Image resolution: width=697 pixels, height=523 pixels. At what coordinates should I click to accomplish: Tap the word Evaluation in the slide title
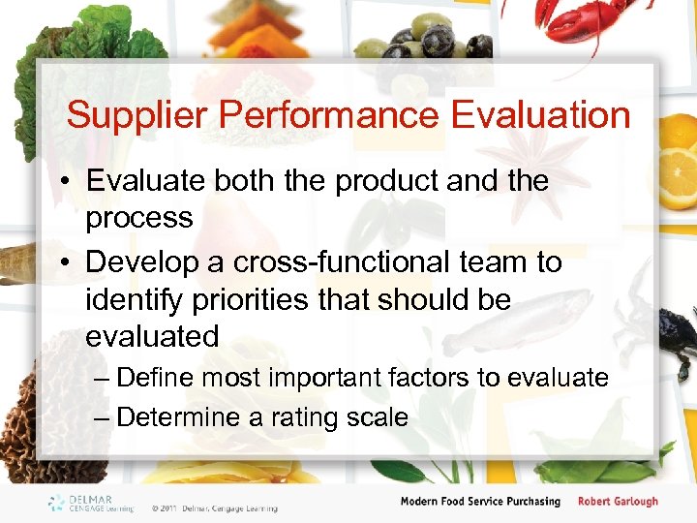coord(540,116)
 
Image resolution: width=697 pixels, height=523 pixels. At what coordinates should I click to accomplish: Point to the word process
coord(139,219)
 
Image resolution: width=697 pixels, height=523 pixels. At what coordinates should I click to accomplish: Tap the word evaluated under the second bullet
coord(152,337)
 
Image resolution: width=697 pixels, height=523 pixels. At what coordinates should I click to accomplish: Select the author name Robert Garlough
coord(618,502)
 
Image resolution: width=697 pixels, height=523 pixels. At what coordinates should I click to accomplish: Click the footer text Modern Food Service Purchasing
coord(480,502)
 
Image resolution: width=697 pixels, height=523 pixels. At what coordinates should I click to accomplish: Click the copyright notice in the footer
coord(214,508)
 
